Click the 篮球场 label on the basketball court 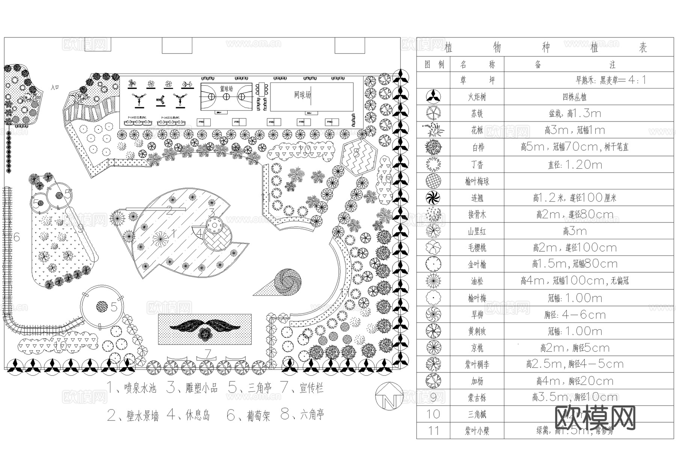click(226, 89)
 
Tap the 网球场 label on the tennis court click(303, 95)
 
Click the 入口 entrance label click(55, 87)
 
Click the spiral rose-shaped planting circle click(288, 280)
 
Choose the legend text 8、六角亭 click(302, 414)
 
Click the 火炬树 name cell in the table click(477, 97)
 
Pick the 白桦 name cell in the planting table click(477, 147)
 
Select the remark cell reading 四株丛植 click(574, 97)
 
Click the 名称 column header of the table click(477, 64)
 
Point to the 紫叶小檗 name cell click(477, 431)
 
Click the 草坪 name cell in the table click(477, 81)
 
